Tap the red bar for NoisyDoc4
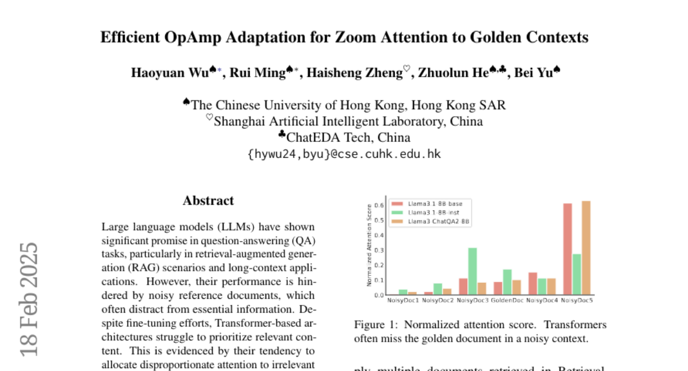pos(533,283)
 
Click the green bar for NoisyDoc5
pos(577,274)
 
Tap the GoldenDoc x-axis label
pos(507,301)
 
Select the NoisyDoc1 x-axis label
pos(403,301)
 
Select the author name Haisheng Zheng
pos(354,73)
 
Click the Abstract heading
pos(208,200)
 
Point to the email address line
pos(344,153)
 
